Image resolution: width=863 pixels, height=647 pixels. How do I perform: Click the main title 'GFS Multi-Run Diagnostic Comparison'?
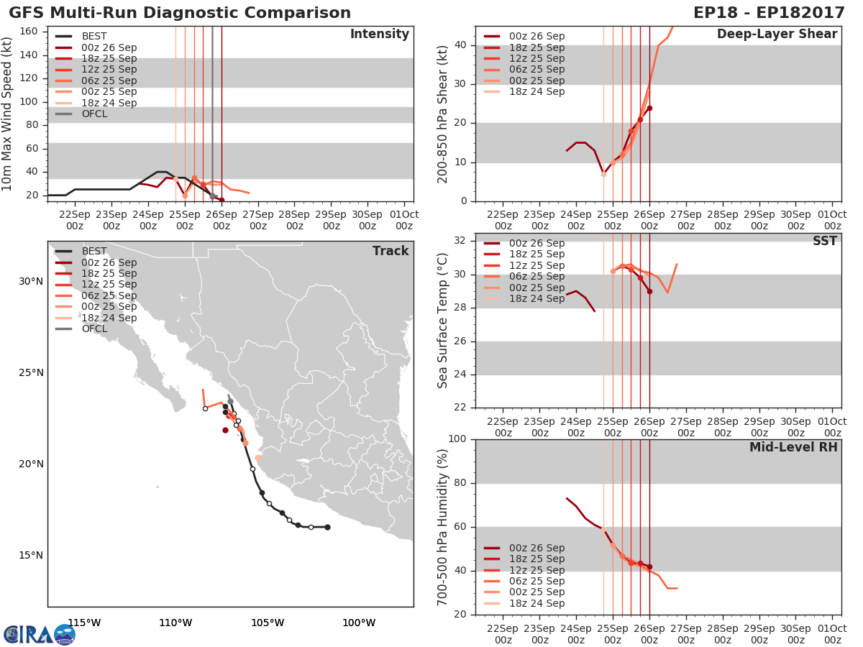[x=180, y=13]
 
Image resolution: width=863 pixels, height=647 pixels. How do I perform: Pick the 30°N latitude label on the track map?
[x=31, y=281]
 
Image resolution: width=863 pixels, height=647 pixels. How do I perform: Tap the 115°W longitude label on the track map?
[x=84, y=623]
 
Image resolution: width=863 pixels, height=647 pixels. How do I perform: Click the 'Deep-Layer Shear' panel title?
[x=777, y=35]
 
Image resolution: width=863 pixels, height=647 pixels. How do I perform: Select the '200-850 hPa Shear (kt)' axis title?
[x=443, y=114]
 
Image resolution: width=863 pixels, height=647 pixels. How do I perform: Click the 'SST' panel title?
[x=824, y=241]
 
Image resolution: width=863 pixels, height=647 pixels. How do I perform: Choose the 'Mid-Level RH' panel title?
[x=793, y=447]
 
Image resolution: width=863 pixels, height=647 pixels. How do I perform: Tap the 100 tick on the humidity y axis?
[x=459, y=439]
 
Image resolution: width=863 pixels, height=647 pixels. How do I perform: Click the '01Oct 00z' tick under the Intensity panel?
[x=404, y=220]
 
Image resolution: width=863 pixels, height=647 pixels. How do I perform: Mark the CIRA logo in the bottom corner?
[x=40, y=634]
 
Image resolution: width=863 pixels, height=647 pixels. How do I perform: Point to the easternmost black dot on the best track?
[x=327, y=527]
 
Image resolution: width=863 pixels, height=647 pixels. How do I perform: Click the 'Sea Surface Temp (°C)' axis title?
[x=443, y=320]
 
